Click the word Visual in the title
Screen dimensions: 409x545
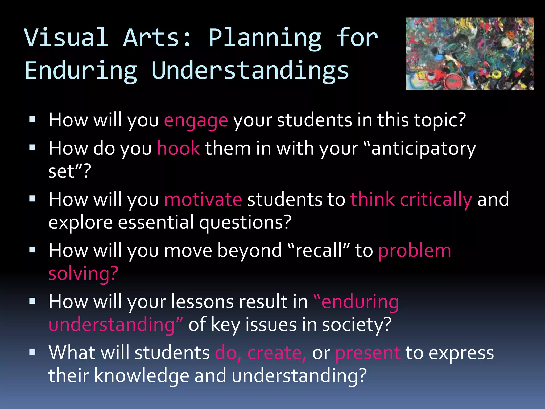tap(66, 38)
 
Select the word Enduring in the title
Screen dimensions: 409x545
tap(81, 71)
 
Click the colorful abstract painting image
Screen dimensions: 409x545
tap(469, 54)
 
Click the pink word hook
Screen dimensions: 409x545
tap(178, 148)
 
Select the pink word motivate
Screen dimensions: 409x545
tap(203, 199)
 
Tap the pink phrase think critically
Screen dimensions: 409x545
tap(411, 199)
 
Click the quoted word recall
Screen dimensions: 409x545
tap(319, 251)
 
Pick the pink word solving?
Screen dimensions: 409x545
tap(83, 274)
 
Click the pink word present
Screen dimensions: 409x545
tap(368, 353)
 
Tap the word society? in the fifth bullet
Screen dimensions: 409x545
tap(357, 325)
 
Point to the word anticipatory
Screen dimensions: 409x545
tap(423, 149)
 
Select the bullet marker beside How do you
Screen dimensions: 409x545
tap(32, 148)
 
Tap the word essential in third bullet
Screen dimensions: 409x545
tap(156, 223)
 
